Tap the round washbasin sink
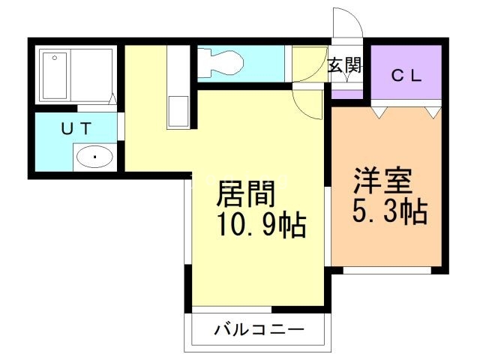click(94, 157)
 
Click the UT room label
click(76, 129)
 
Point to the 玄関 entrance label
click(344, 65)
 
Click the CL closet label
click(408, 76)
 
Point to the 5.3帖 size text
click(390, 212)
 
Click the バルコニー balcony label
click(258, 329)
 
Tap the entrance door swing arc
click(347, 22)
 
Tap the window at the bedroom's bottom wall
click(387, 269)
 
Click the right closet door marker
click(433, 111)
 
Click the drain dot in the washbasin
click(94, 157)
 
